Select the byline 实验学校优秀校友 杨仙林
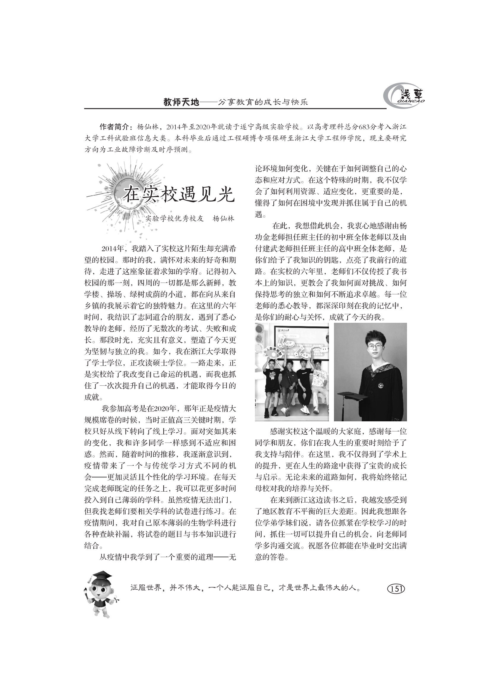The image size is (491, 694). click(x=190, y=219)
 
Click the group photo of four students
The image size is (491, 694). click(x=292, y=372)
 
